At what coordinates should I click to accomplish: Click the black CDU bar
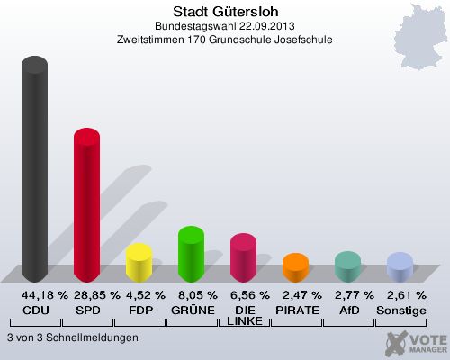(x=34, y=171)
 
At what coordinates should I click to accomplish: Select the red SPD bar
(x=86, y=207)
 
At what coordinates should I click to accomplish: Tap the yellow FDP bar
(x=139, y=263)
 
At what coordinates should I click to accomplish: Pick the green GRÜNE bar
(x=191, y=253)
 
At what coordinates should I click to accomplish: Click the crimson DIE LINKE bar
(x=243, y=258)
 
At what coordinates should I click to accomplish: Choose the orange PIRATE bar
(x=295, y=267)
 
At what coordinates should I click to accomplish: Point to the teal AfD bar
(x=347, y=266)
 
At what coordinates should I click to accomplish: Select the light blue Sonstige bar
(x=400, y=267)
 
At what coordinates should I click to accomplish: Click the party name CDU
(x=34, y=310)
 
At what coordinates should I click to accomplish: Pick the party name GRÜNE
(x=191, y=310)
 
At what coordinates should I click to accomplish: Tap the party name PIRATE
(x=295, y=310)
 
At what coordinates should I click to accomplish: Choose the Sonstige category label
(x=400, y=310)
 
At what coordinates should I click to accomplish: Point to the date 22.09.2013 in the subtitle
(x=256, y=27)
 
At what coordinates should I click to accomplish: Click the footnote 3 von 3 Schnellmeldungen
(x=72, y=337)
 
